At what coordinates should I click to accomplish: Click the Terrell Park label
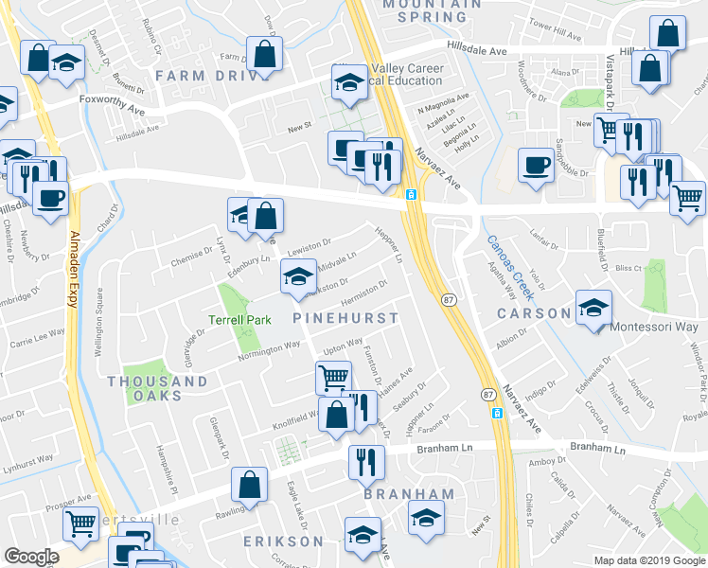click(239, 320)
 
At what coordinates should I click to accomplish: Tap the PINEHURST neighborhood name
click(345, 318)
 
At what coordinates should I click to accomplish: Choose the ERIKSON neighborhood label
click(283, 541)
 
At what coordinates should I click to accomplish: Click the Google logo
click(31, 558)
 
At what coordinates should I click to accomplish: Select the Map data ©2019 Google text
click(648, 560)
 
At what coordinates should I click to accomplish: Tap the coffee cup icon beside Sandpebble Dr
click(536, 165)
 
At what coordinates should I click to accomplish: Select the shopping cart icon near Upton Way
click(333, 377)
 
